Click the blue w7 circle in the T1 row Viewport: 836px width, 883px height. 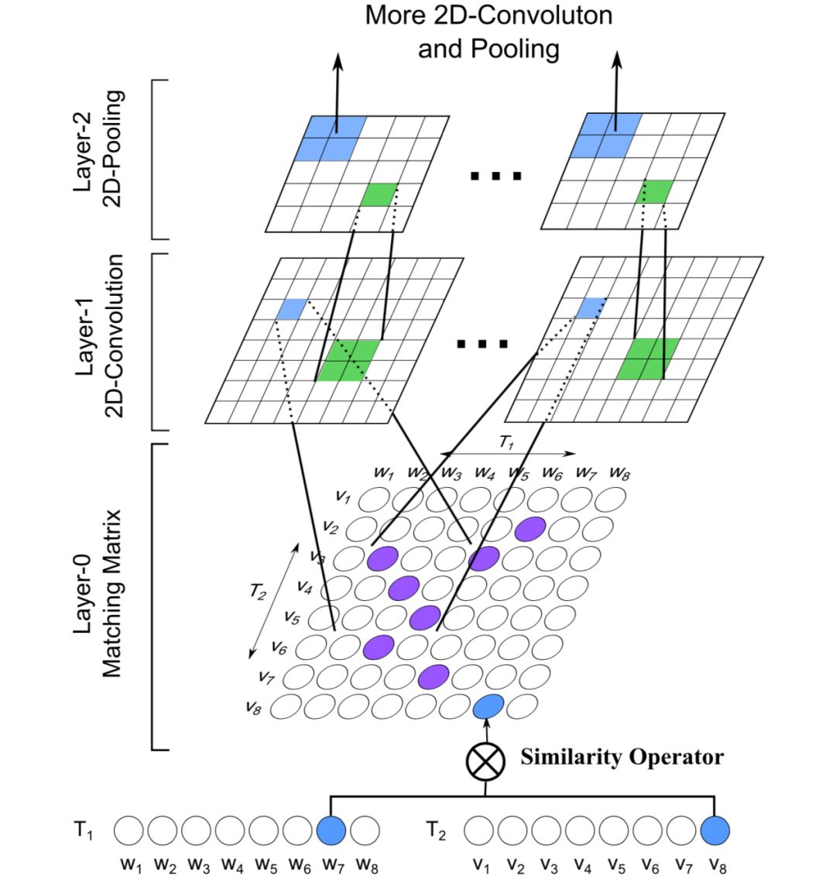click(x=331, y=831)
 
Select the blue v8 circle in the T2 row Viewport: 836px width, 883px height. click(x=714, y=831)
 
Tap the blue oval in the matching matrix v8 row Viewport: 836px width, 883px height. click(x=488, y=706)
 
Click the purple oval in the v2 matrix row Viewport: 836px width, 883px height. click(x=530, y=529)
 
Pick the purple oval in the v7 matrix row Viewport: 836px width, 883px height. click(x=433, y=676)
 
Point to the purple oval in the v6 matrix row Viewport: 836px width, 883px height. click(x=379, y=646)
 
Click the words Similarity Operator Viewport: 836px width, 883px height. click(x=622, y=757)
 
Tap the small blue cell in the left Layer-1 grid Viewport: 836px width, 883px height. click(x=293, y=309)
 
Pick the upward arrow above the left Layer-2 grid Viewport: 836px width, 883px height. click(x=337, y=85)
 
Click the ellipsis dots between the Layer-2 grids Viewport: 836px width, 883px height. click(x=496, y=177)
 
